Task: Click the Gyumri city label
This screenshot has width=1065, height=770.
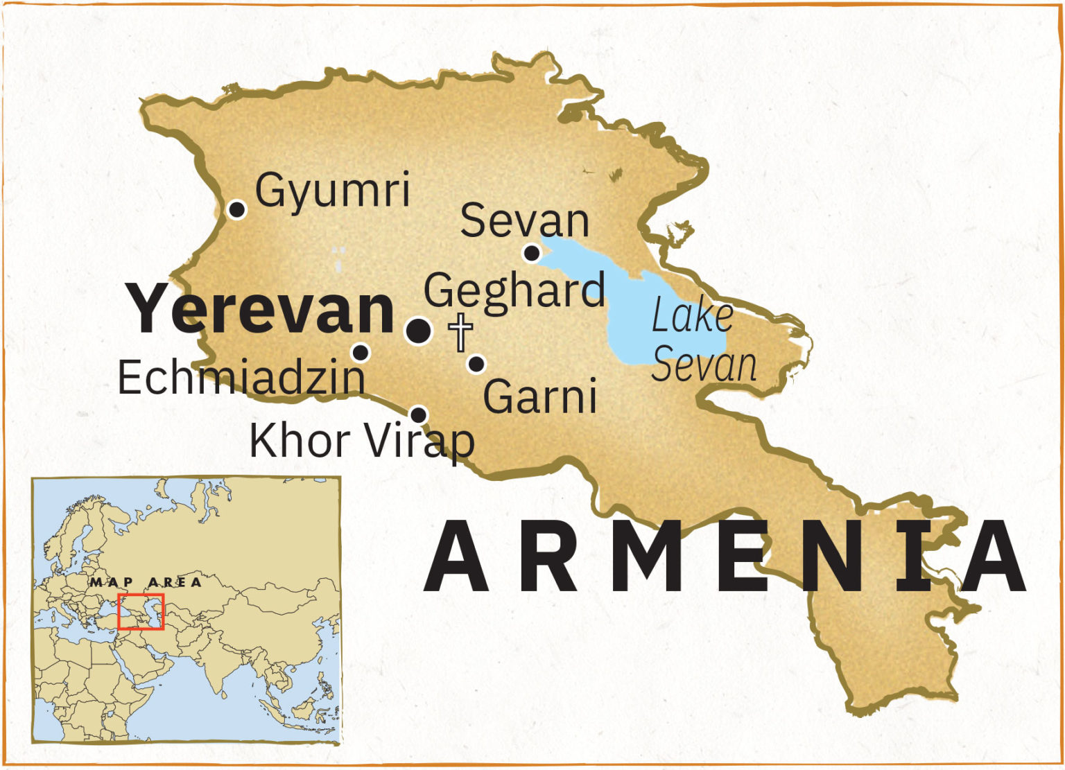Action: pos(333,190)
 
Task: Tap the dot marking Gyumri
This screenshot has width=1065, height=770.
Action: pos(237,209)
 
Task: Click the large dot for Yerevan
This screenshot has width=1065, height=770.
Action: pos(418,331)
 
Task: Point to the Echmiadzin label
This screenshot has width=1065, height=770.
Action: pos(241,378)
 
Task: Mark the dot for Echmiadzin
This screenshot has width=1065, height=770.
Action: pos(361,353)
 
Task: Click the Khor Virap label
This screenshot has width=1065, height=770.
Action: pos(361,441)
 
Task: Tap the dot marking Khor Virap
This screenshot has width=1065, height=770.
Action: pos(418,414)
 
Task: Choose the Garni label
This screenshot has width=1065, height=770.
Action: pos(539,396)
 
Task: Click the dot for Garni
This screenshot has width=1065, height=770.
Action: pos(476,364)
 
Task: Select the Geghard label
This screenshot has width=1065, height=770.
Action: pos(514,290)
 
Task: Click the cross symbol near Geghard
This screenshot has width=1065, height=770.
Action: pos(460,332)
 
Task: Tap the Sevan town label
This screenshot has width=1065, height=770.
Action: pos(524,221)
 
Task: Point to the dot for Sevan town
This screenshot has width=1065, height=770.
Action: pos(532,254)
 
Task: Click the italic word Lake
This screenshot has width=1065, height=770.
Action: pos(692,317)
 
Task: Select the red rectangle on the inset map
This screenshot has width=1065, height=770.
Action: pos(141,611)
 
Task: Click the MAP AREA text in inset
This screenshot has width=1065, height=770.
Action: pos(146,582)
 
